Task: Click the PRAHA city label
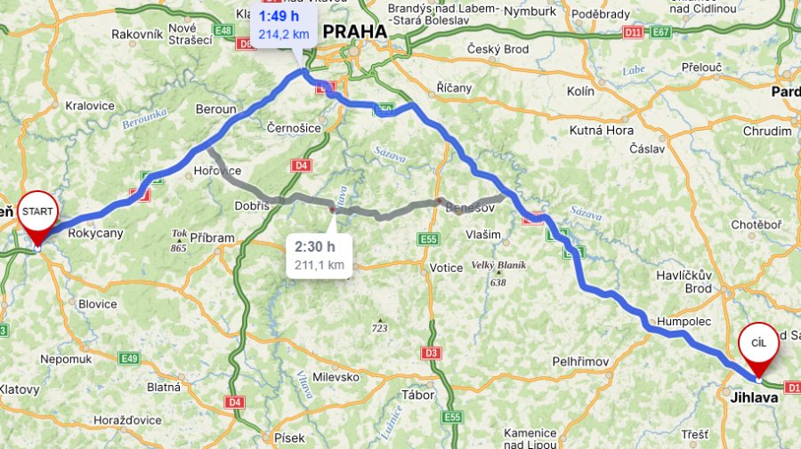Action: click(354, 32)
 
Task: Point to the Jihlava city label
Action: click(754, 397)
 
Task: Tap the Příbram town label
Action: click(212, 238)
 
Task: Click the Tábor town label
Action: click(418, 395)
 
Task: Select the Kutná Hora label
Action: click(599, 131)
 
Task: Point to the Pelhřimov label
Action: click(579, 362)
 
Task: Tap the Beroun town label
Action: click(215, 109)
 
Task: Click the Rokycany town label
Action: click(95, 233)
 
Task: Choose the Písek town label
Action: click(289, 437)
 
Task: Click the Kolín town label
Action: click(580, 92)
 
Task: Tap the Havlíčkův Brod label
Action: click(699, 282)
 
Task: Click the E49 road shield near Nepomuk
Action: click(129, 358)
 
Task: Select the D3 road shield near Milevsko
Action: click(432, 353)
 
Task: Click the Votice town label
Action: click(446, 268)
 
